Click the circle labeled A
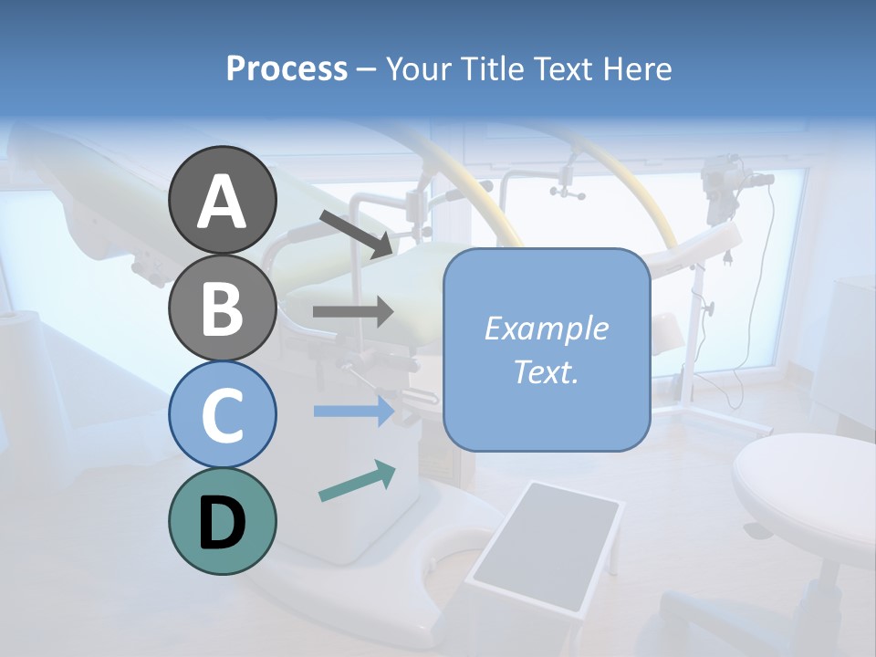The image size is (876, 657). click(223, 200)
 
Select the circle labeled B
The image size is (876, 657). click(223, 308)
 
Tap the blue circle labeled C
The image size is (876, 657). click(223, 414)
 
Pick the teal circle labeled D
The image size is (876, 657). click(223, 521)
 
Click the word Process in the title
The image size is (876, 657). click(287, 68)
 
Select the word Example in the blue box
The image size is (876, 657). click(546, 328)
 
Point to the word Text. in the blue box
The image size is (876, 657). click(546, 371)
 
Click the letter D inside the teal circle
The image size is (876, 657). click(223, 523)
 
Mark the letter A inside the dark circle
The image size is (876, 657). click(223, 202)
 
